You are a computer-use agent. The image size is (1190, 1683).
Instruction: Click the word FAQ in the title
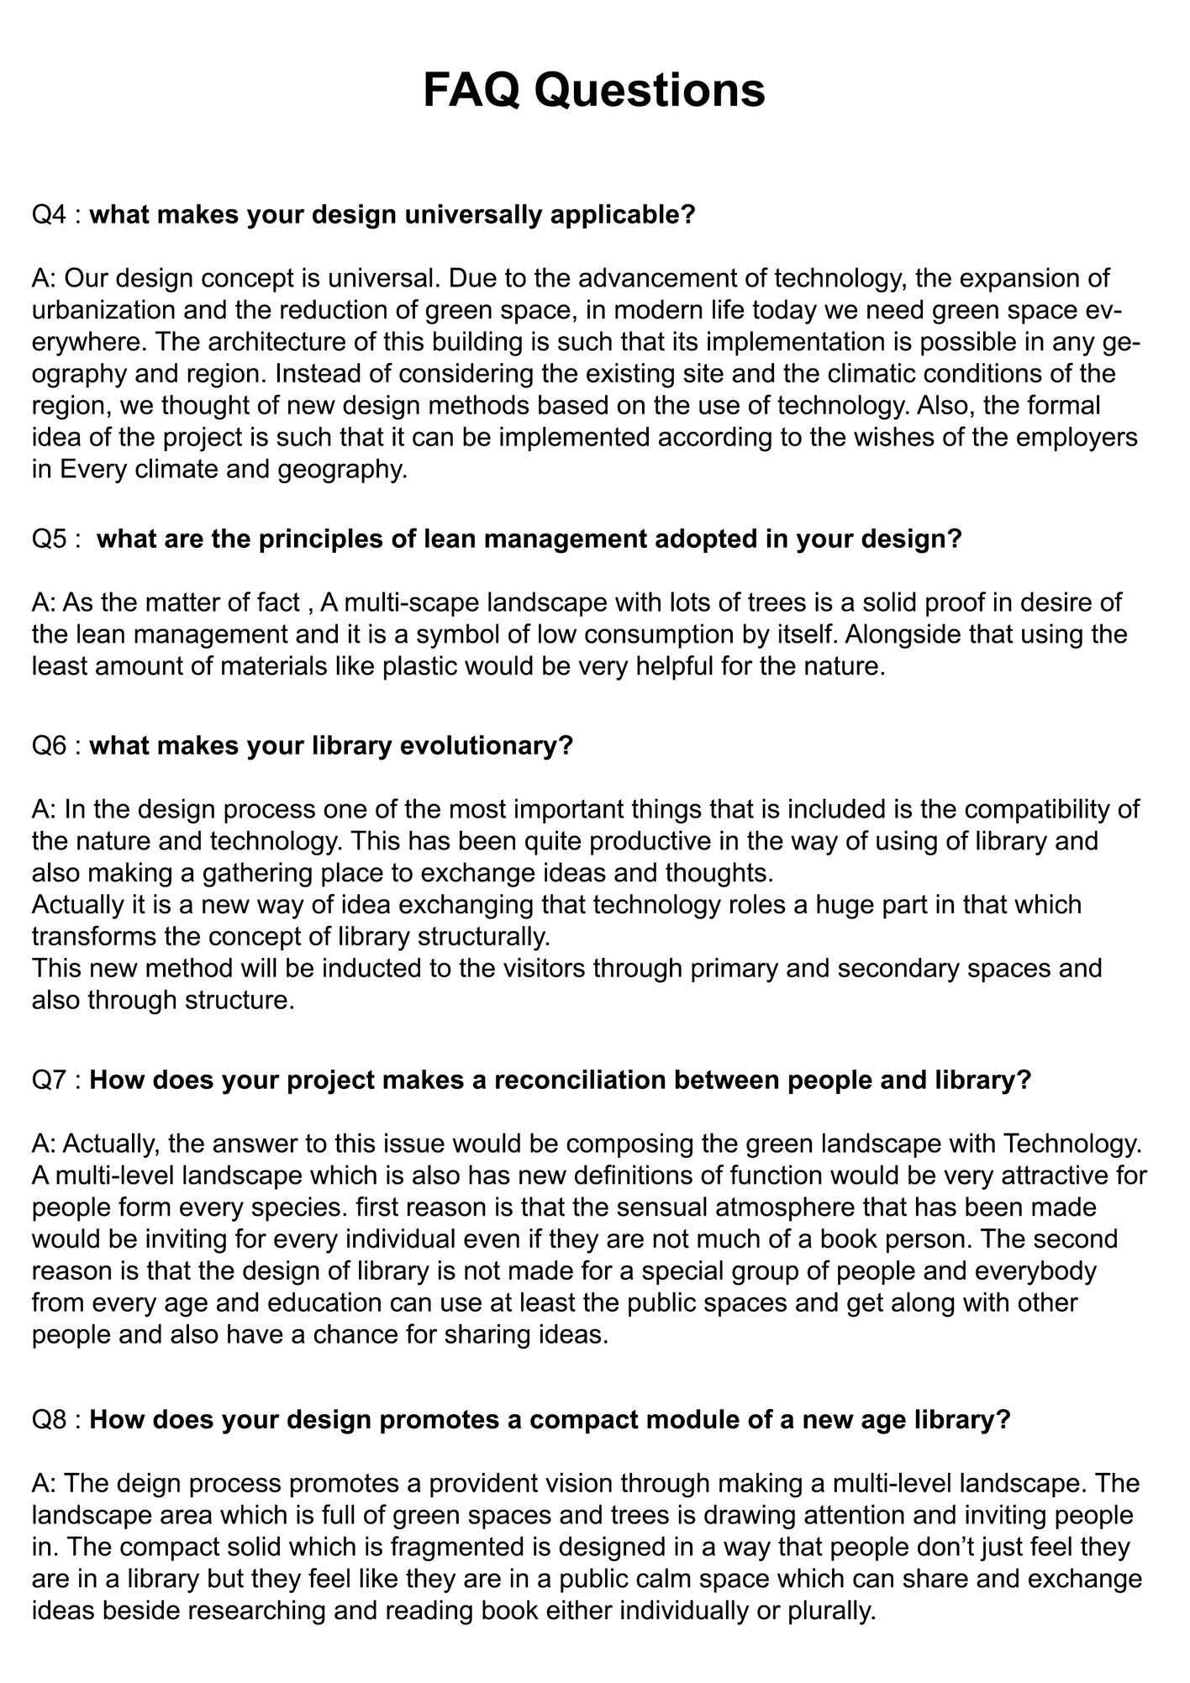tap(471, 90)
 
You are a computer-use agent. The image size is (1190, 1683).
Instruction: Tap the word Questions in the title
tap(650, 90)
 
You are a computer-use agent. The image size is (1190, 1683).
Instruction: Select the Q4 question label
tap(49, 215)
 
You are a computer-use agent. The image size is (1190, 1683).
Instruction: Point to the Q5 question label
tap(49, 539)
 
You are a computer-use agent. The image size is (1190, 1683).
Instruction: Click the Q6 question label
tap(49, 745)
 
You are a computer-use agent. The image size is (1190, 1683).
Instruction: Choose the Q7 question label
tap(49, 1080)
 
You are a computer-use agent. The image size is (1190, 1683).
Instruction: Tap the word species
tap(289, 1207)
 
